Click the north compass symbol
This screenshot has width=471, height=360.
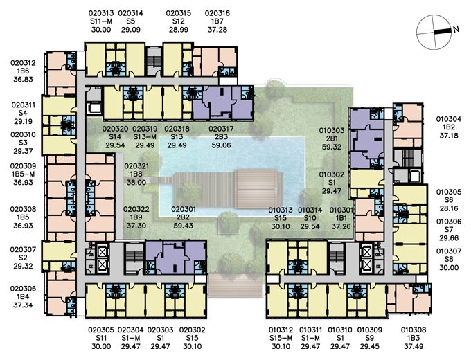(x=434, y=32)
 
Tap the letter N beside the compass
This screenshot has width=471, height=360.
(x=456, y=29)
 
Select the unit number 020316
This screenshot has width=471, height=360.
(x=217, y=13)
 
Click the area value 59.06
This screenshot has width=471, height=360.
(x=221, y=145)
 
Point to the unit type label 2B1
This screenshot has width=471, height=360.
(x=331, y=138)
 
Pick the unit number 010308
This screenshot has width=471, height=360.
(x=414, y=330)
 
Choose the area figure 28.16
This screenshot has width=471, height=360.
(x=449, y=208)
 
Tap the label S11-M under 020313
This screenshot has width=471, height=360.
(x=101, y=21)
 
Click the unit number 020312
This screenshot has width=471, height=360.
(x=23, y=63)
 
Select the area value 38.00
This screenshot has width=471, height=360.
(x=136, y=182)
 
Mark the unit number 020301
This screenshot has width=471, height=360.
(x=184, y=209)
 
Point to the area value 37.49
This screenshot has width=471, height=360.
(x=414, y=346)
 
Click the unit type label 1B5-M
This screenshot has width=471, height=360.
(x=23, y=174)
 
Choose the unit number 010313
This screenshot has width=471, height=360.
(x=281, y=210)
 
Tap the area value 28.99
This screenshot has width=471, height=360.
(x=179, y=30)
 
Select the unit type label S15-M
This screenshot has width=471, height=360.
(x=281, y=338)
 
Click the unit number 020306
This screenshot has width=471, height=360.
(x=23, y=289)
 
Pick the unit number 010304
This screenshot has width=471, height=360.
(x=449, y=119)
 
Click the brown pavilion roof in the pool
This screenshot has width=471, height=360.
(x=258, y=189)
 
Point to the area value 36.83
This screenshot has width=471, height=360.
(x=23, y=79)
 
